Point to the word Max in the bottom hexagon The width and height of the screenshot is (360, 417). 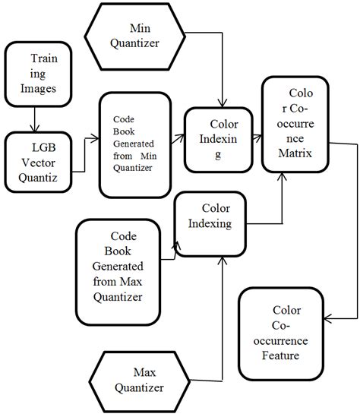144,372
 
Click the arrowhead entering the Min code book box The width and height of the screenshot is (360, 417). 96,139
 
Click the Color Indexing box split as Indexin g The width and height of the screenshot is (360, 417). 220,137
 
